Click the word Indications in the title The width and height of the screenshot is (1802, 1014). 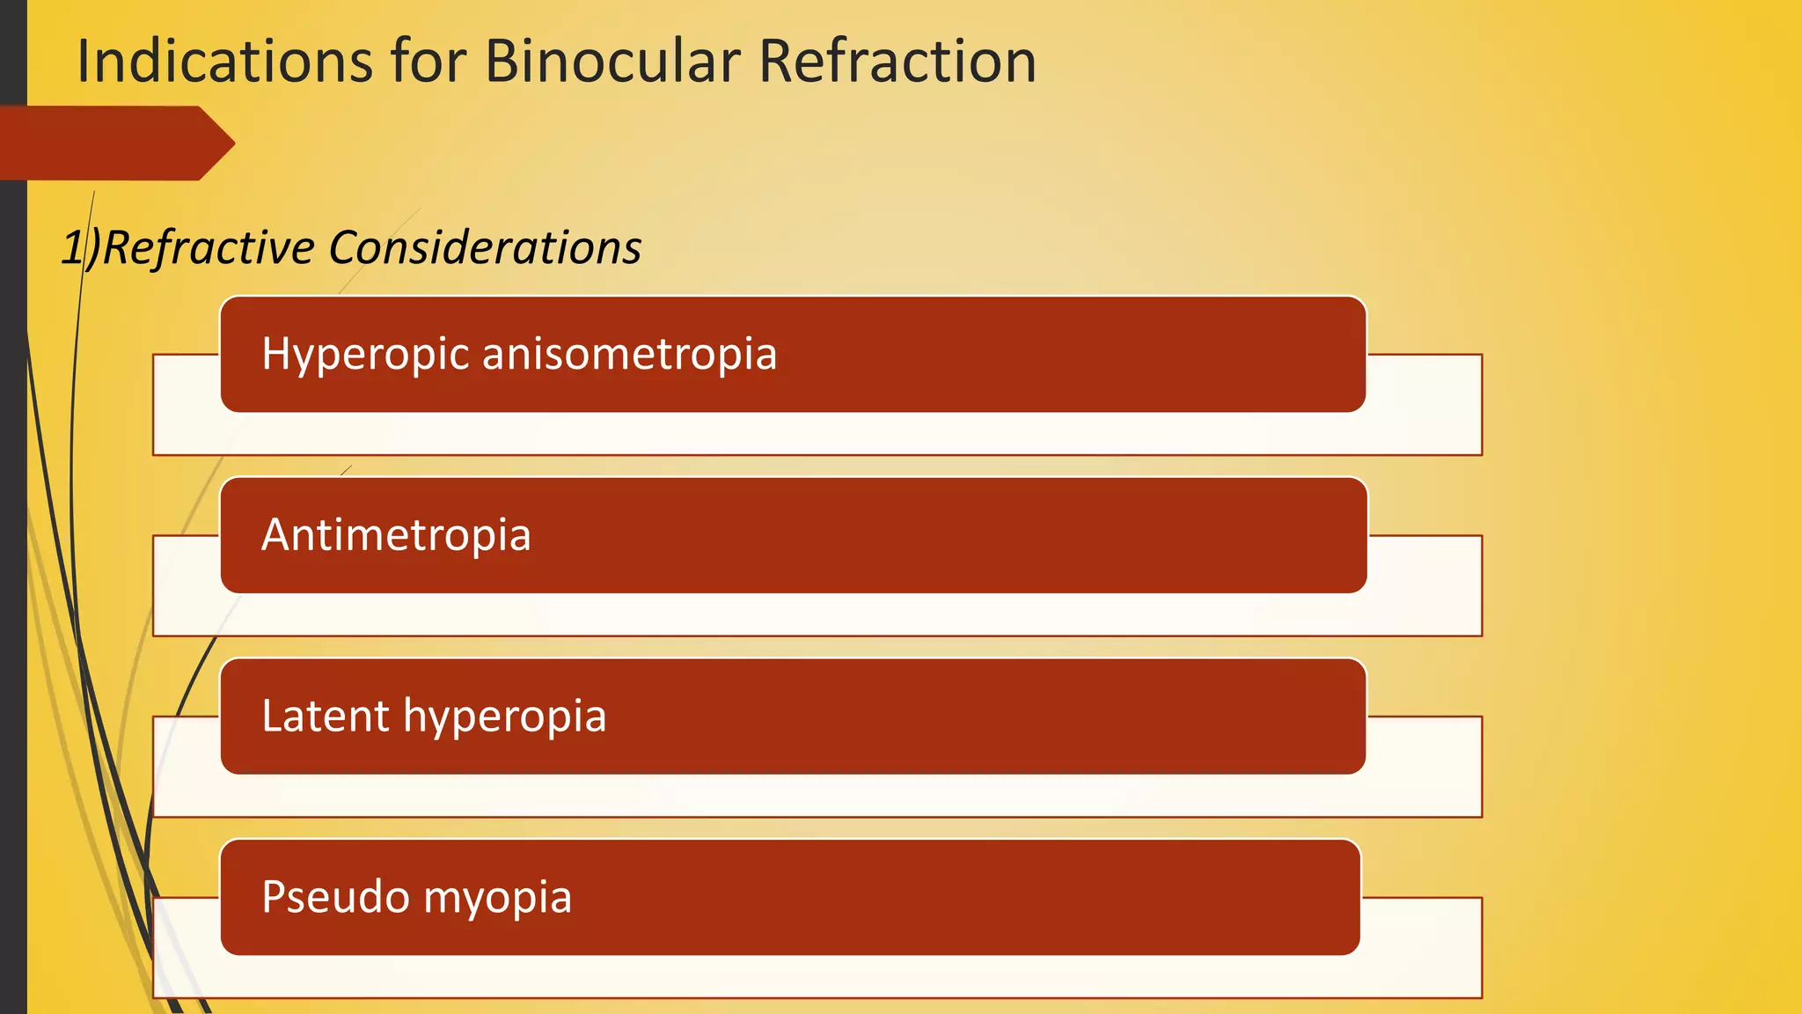click(224, 62)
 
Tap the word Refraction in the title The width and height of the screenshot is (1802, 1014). click(897, 62)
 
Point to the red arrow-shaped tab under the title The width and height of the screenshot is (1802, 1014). click(114, 143)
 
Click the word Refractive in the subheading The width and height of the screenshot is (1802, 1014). click(209, 248)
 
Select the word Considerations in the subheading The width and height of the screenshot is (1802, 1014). click(485, 248)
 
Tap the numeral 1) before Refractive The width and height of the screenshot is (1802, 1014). click(80, 248)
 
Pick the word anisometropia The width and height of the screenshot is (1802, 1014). click(629, 355)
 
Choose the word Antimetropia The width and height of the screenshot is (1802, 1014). click(396, 535)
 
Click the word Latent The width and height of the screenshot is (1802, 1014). click(325, 716)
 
